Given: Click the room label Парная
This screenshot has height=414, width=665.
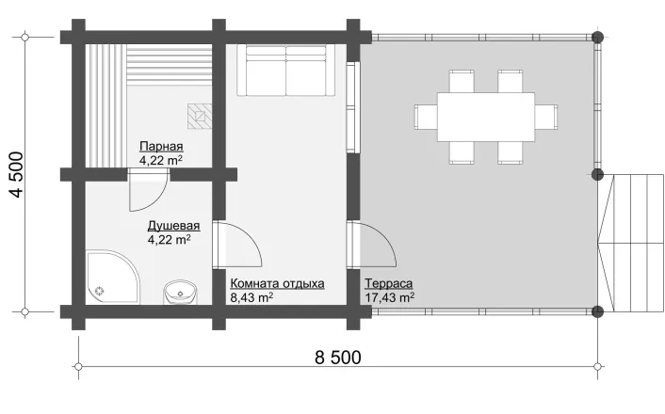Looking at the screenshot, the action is [162, 147].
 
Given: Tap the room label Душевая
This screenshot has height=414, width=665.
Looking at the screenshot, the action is [173, 226].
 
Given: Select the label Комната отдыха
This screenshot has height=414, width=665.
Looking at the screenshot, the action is [277, 283].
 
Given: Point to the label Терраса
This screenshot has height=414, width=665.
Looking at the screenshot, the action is [388, 283].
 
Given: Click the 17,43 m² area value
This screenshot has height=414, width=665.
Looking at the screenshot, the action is [390, 297].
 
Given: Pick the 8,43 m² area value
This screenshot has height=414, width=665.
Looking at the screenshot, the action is [251, 297].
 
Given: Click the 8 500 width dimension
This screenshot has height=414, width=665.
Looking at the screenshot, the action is [338, 358].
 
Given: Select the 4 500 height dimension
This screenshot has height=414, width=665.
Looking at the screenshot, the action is [17, 174].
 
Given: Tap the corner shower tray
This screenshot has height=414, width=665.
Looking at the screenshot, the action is [113, 278].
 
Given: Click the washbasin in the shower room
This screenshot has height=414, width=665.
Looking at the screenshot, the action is [181, 292].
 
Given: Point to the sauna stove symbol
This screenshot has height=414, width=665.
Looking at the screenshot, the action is [200, 116].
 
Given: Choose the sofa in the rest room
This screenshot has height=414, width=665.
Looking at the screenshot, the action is [286, 71].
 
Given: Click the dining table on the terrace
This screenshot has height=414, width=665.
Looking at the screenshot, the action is [486, 117].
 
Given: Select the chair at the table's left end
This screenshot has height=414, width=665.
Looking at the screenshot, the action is [426, 117].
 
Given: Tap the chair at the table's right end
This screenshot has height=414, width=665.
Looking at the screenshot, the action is [545, 117].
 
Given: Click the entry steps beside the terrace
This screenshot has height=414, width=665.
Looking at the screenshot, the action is [631, 244].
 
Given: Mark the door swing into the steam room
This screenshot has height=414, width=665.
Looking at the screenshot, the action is [148, 190].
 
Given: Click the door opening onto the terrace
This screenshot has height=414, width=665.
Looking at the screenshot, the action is [371, 245].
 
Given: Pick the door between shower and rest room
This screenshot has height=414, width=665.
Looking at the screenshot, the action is [236, 245].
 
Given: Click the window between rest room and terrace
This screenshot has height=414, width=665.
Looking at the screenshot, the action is [351, 107].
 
